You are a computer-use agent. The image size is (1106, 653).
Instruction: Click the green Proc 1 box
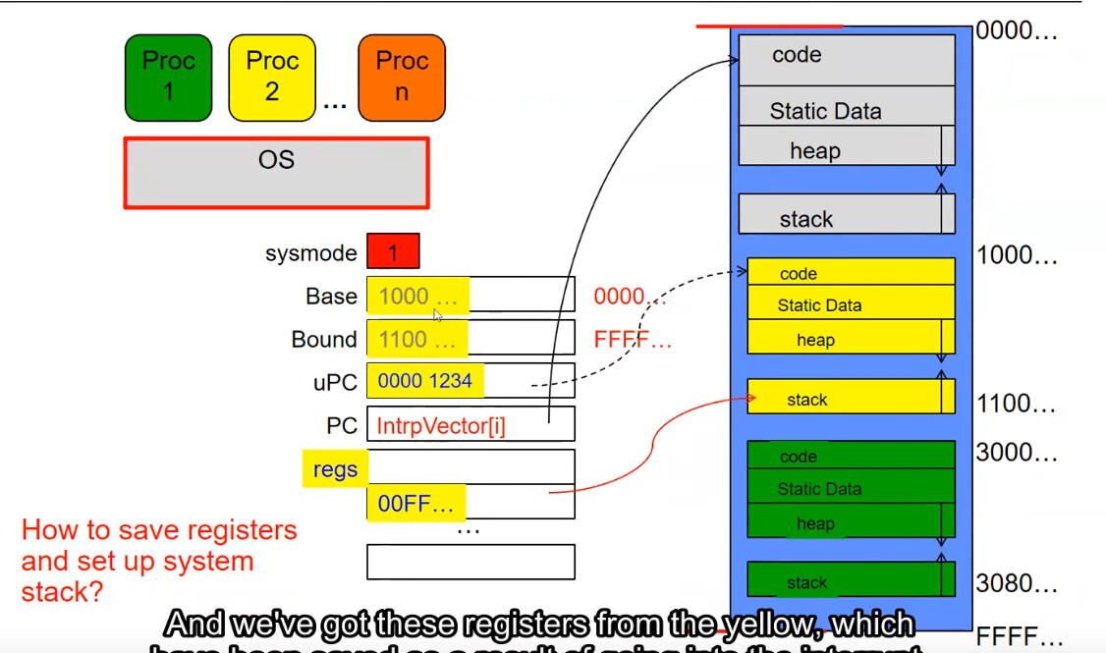[169, 77]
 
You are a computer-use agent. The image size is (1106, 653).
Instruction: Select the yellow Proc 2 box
[272, 77]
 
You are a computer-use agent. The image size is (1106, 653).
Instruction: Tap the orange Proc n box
[402, 77]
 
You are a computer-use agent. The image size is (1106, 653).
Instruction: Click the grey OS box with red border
[276, 173]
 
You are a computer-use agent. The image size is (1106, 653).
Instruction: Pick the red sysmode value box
[393, 252]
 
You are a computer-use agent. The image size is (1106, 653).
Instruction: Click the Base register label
[331, 297]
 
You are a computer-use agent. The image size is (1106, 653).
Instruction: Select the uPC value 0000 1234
[424, 381]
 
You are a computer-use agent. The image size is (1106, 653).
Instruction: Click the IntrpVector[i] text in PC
[441, 426]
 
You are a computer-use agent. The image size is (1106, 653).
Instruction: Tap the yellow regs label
[335, 469]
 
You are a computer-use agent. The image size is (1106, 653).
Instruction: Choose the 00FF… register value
[415, 505]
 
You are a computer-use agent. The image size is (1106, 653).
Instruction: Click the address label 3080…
[1017, 584]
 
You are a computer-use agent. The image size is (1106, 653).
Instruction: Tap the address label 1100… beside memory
[1017, 404]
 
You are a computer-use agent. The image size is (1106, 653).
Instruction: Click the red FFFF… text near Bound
[633, 341]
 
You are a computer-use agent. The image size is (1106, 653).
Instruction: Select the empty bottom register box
[470, 562]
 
